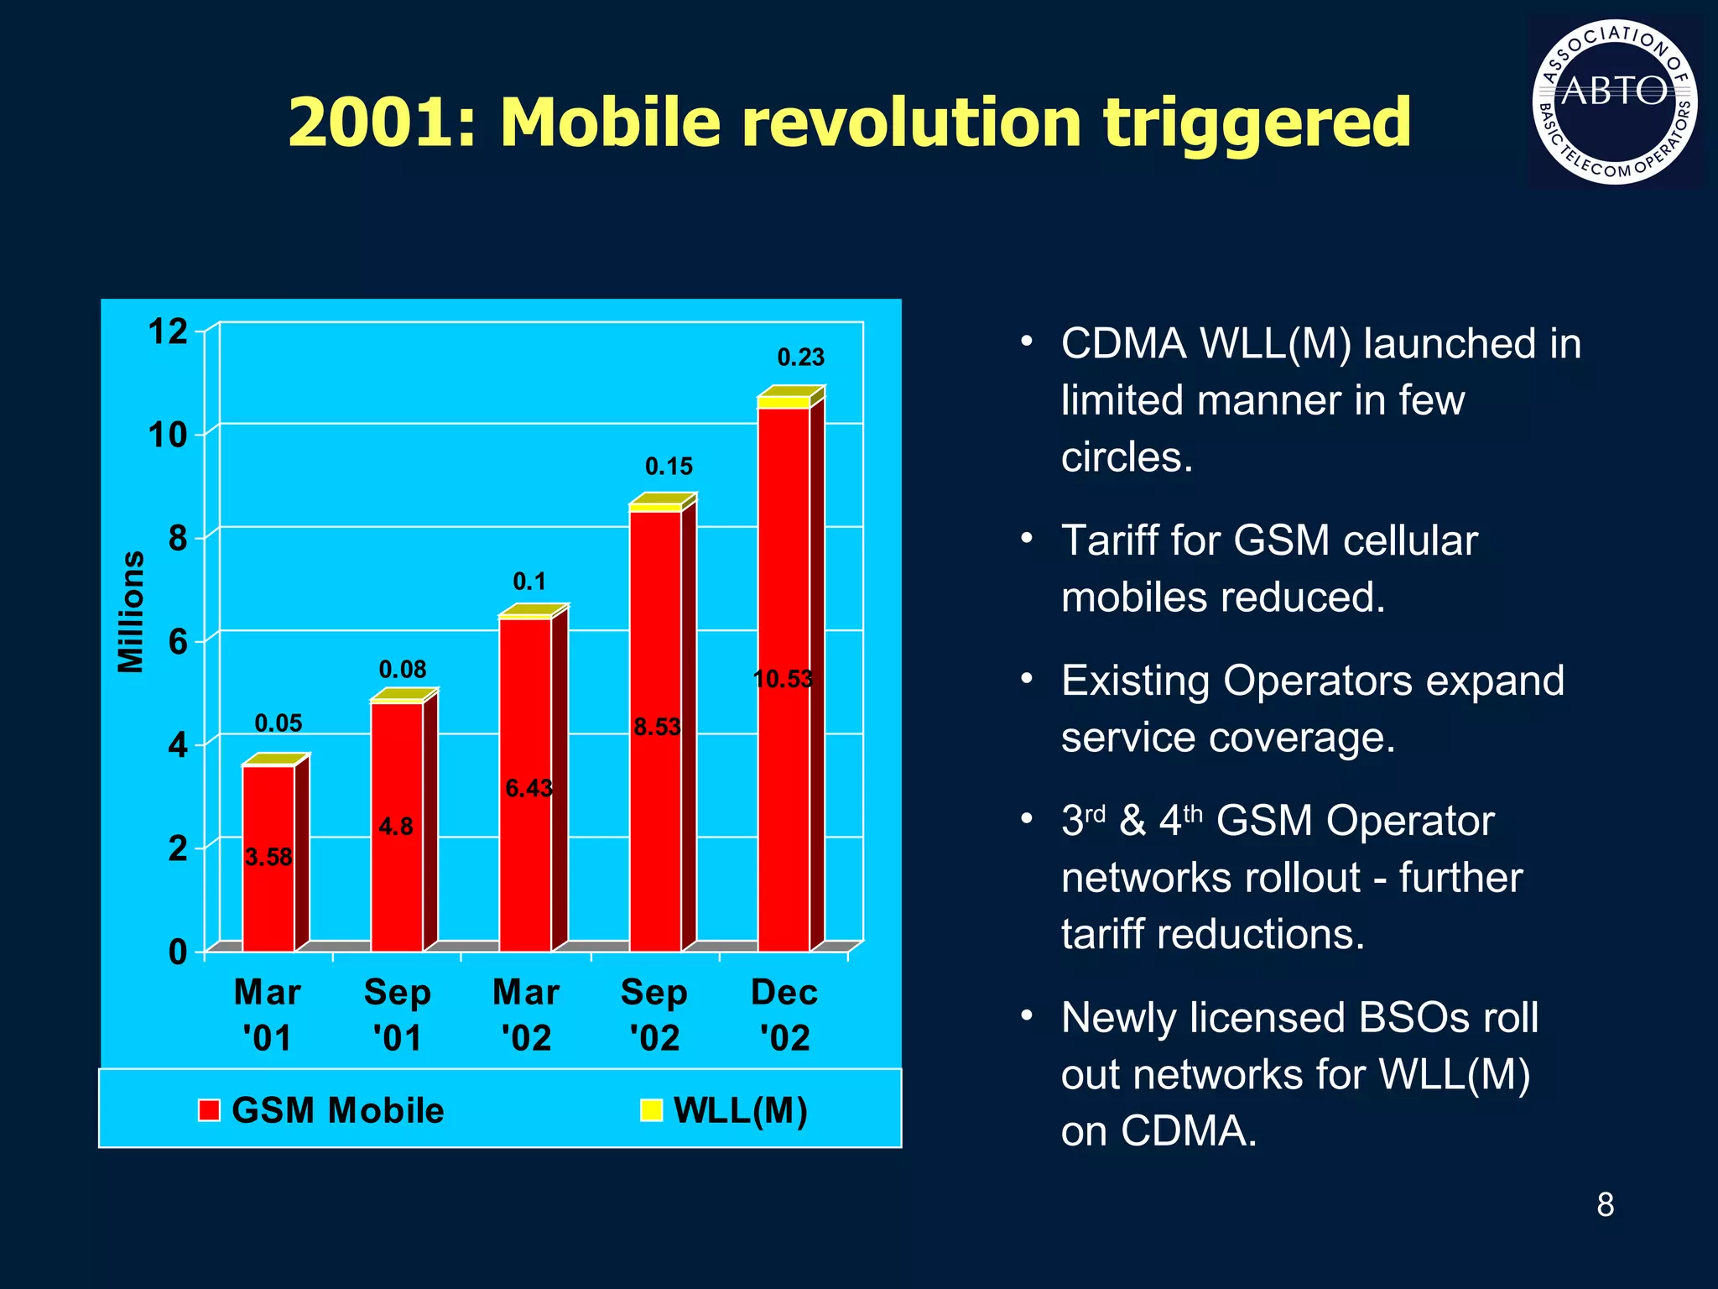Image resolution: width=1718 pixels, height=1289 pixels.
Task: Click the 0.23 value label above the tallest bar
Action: pyautogui.click(x=800, y=357)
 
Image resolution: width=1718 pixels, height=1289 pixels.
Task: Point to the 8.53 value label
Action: pyautogui.click(x=657, y=728)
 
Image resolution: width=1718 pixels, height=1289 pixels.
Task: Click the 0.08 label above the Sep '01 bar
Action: pyautogui.click(x=403, y=670)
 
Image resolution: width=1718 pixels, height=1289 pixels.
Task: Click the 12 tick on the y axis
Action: pyautogui.click(x=168, y=332)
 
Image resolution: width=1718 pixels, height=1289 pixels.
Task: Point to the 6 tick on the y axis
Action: pyautogui.click(x=177, y=643)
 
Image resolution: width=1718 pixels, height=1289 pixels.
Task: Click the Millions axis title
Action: pyautogui.click(x=131, y=612)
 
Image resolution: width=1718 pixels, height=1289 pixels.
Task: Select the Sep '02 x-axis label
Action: pyautogui.click(x=654, y=1015)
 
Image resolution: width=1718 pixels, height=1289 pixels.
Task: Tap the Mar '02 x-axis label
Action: pyautogui.click(x=526, y=1015)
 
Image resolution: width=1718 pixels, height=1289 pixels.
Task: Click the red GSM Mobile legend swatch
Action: pyautogui.click(x=209, y=1110)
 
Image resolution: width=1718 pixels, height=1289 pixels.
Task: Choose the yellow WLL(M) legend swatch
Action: pyautogui.click(x=651, y=1110)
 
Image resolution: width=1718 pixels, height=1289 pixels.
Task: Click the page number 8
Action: pyautogui.click(x=1605, y=1205)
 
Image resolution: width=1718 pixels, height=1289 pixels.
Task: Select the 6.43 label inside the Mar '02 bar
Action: pyautogui.click(x=528, y=789)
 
